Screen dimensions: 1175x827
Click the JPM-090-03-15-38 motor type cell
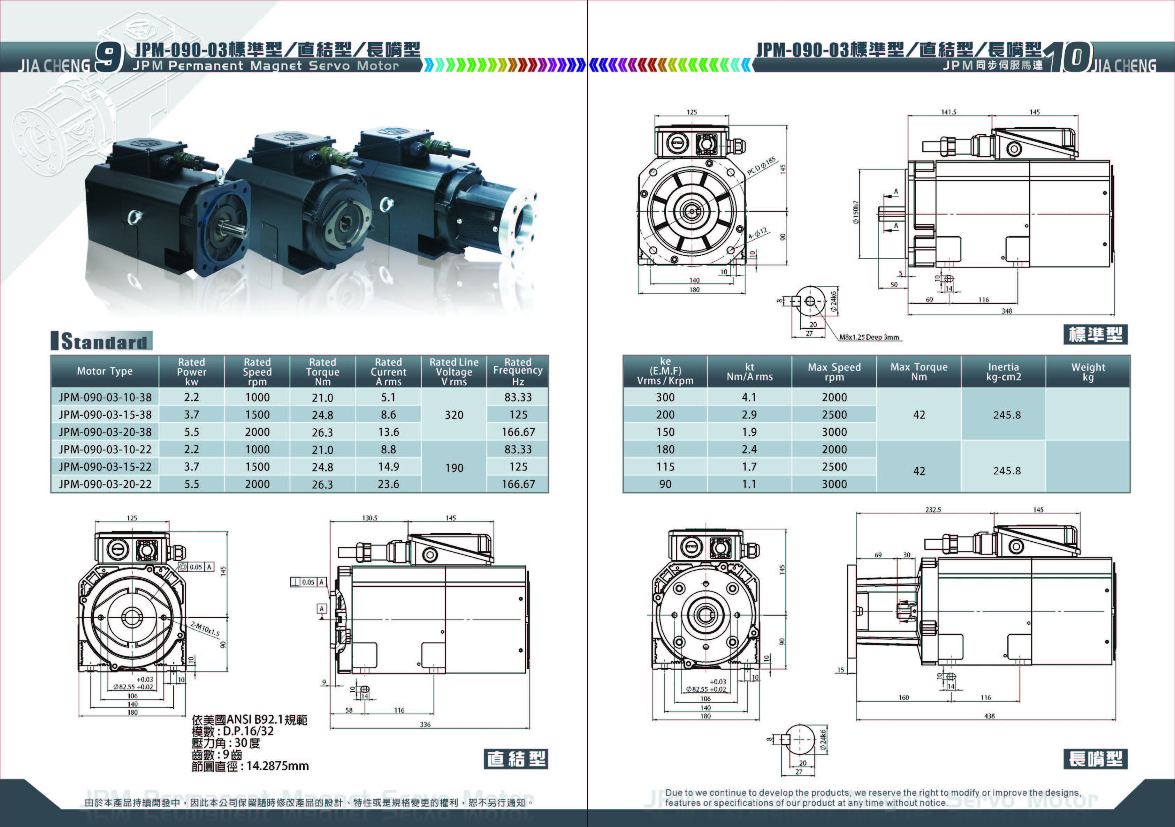pyautogui.click(x=105, y=415)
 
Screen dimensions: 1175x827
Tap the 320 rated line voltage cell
pyautogui.click(x=454, y=415)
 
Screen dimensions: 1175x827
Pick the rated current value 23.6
pyautogui.click(x=388, y=484)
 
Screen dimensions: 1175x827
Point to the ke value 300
pyautogui.click(x=665, y=397)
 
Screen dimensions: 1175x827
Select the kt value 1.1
pyautogui.click(x=749, y=484)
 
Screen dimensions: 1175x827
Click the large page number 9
pyautogui.click(x=109, y=57)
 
